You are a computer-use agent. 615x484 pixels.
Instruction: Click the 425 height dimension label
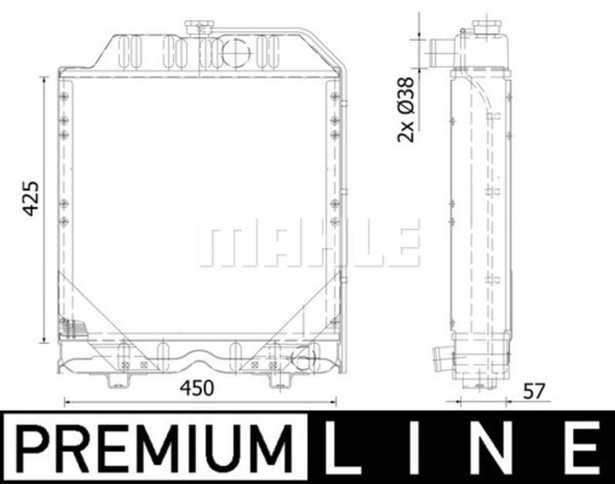pos(30,198)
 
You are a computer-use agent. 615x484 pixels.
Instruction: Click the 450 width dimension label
pos(197,388)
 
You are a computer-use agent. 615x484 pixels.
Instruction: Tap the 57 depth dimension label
pos(534,391)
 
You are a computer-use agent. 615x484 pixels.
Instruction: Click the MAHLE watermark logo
pos(309,243)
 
